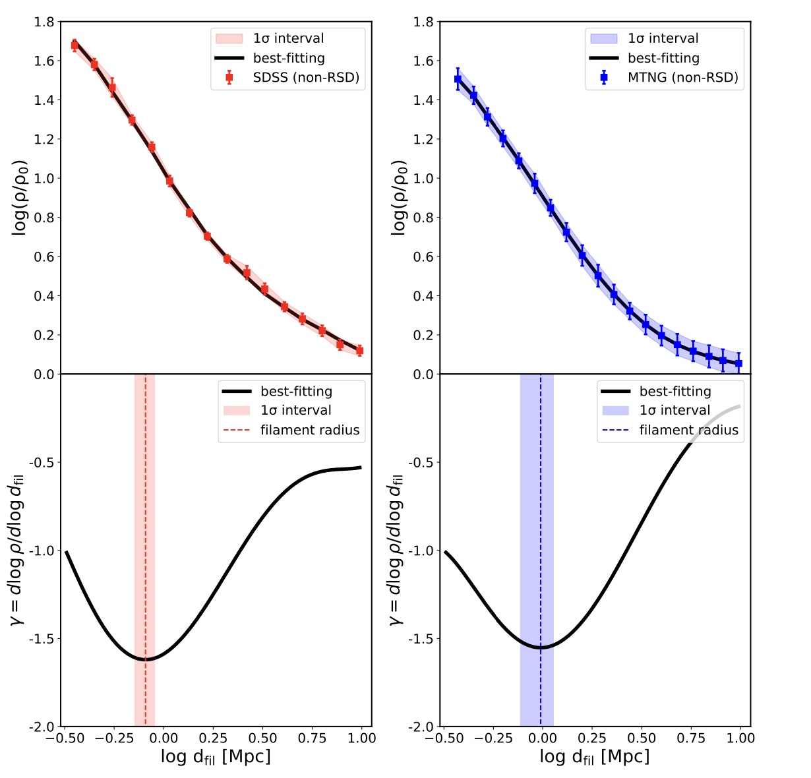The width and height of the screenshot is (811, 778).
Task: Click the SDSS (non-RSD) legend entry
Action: [x=306, y=78]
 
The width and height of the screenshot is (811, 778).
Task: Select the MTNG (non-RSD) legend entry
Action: [x=682, y=78]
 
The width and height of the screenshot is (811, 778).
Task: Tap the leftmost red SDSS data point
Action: [x=75, y=45]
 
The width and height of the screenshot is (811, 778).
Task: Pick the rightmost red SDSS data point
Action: [x=359, y=351]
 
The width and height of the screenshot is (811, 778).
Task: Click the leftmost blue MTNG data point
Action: [x=458, y=79]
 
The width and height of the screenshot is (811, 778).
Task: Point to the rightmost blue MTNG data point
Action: [x=738, y=363]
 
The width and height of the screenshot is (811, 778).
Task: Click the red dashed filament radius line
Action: [x=145, y=527]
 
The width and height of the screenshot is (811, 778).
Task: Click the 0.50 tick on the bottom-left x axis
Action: [x=262, y=738]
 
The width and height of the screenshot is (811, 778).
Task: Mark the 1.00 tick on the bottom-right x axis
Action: [x=740, y=738]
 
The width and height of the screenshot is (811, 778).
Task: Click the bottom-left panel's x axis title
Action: [x=216, y=757]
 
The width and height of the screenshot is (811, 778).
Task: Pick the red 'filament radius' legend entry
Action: [x=309, y=431]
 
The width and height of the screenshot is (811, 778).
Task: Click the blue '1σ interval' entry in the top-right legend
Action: [x=663, y=39]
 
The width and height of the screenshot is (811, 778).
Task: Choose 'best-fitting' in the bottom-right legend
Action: [x=675, y=392]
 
